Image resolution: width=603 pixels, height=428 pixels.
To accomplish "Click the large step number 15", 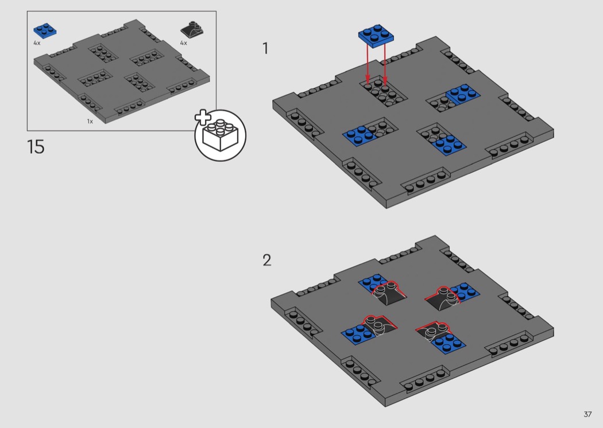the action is (x=36, y=147).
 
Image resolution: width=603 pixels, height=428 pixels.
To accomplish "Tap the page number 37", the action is (x=587, y=414).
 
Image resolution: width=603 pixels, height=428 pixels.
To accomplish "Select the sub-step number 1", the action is (x=265, y=48).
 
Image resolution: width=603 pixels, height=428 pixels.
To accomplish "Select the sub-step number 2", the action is (x=267, y=260).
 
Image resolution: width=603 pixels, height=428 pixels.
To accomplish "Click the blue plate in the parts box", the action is (x=45, y=31).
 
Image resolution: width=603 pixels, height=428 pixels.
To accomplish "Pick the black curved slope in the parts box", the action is (x=192, y=30).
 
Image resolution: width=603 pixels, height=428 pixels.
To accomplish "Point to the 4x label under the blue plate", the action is (x=37, y=43).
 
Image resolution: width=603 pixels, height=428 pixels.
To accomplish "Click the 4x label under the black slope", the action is (x=184, y=43).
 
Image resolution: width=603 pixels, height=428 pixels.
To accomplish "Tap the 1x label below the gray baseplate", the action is (x=90, y=122).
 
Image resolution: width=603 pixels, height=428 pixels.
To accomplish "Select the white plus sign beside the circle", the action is (x=203, y=118).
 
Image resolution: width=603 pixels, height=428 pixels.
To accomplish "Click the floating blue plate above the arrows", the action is (x=376, y=36).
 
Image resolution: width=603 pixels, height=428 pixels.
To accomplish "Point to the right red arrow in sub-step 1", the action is (x=385, y=65).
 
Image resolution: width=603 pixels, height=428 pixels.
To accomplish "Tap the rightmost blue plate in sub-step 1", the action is (x=463, y=94).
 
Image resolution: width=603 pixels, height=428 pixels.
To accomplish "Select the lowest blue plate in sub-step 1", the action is (x=449, y=145).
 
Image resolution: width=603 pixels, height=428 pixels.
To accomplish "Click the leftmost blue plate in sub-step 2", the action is (x=358, y=334).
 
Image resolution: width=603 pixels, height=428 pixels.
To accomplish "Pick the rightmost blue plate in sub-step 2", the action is (x=465, y=293).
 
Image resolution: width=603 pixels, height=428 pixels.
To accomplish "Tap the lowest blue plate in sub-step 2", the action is (x=449, y=343).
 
